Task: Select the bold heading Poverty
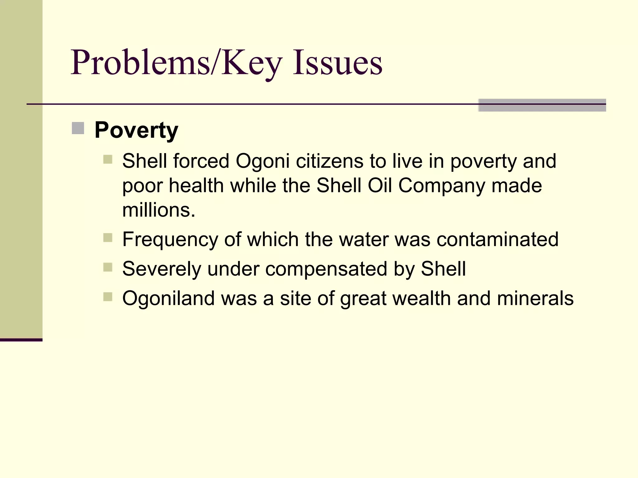136,130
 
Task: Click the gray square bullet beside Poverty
78,128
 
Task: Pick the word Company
442,186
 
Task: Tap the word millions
159,210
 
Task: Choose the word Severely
162,269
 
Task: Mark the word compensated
326,269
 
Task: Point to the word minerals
535,298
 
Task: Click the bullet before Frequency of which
108,238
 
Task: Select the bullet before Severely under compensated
108,267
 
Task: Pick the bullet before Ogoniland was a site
108,297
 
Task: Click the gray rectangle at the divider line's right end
542,105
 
